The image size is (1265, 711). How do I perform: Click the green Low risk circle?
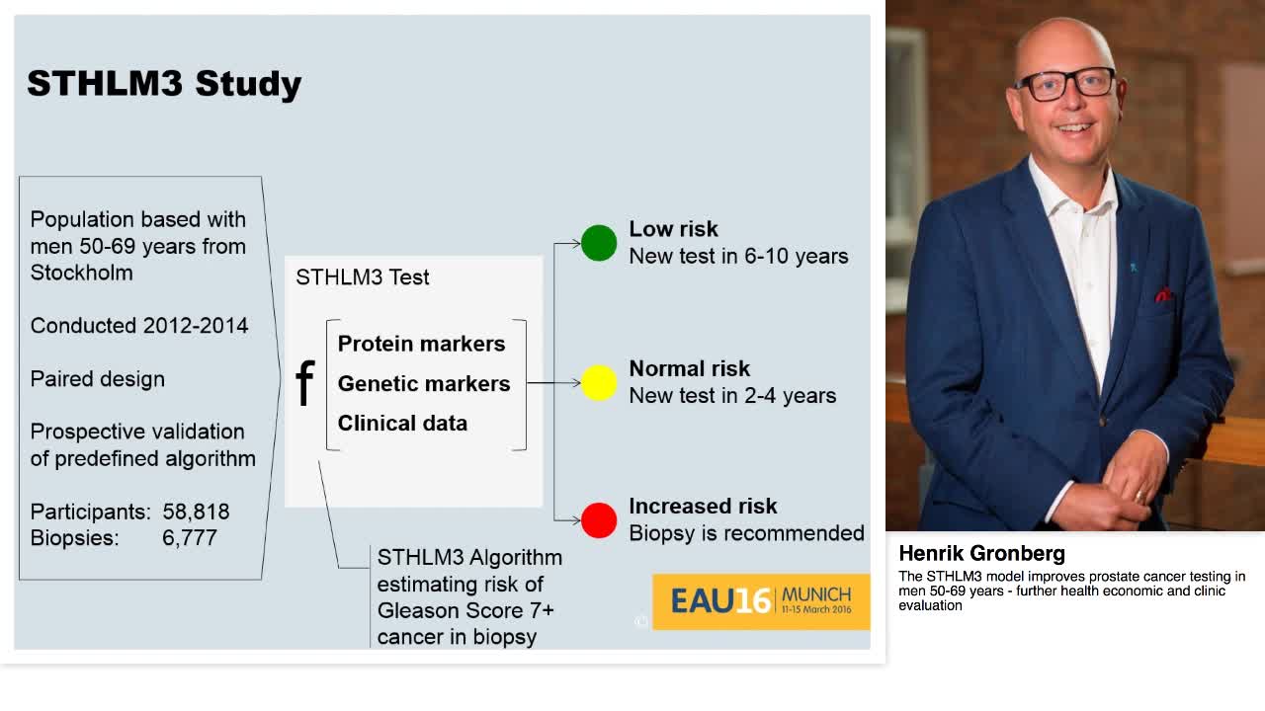599,243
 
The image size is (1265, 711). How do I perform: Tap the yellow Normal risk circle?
599,383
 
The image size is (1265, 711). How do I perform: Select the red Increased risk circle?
599,520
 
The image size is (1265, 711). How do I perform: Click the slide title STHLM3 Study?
164,84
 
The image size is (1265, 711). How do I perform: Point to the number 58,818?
196,512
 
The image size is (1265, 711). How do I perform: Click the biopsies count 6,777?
190,538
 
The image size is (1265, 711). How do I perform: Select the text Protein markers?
421,344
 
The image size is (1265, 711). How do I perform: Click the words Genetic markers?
424,383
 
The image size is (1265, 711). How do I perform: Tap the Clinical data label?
402,423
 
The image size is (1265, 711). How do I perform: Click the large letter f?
304,383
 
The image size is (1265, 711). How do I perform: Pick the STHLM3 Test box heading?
362,277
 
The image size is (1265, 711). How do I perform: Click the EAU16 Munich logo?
760,600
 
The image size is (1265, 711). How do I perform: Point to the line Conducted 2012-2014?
139,326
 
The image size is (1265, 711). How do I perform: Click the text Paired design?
98,379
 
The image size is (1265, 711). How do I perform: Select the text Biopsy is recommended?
746,533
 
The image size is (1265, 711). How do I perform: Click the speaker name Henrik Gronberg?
981,553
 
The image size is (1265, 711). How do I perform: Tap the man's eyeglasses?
1064,84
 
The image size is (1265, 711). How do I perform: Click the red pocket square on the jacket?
1164,294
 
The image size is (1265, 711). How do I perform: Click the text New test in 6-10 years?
738,256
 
